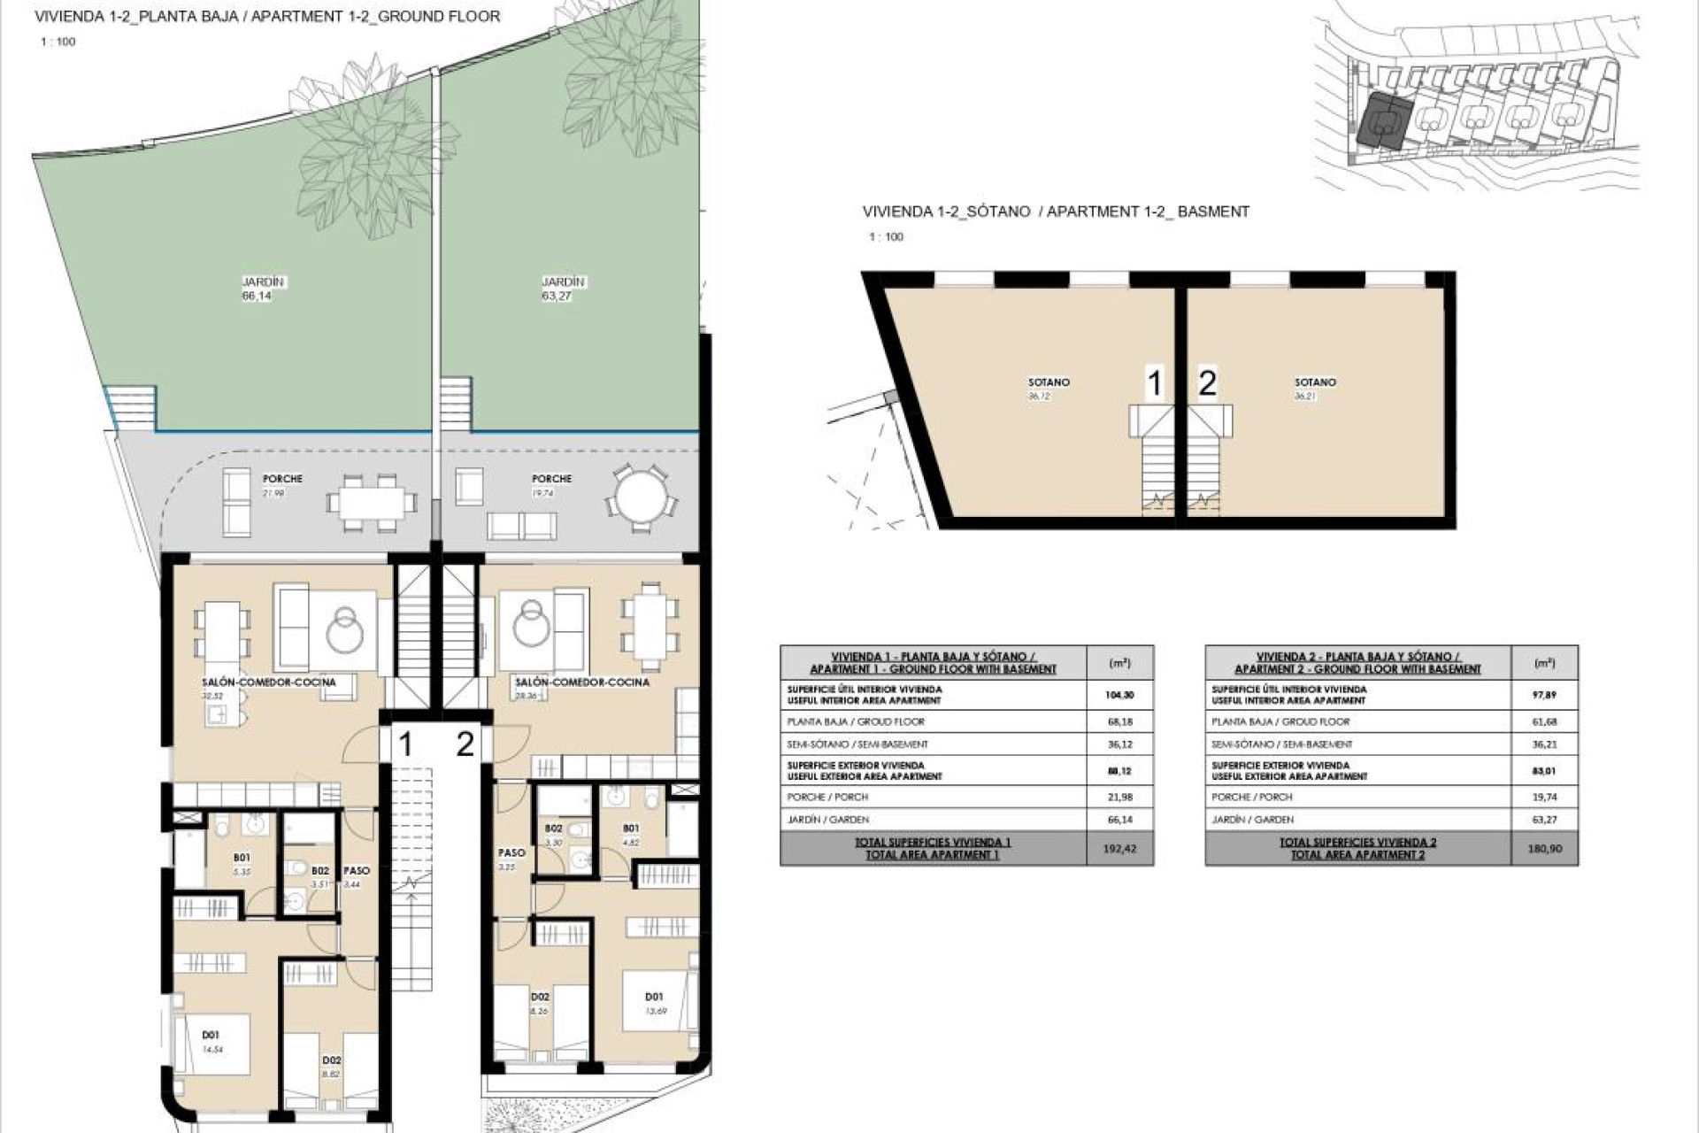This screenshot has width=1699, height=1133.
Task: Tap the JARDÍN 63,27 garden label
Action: tap(563, 289)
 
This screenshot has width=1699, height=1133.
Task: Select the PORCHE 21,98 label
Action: tap(282, 484)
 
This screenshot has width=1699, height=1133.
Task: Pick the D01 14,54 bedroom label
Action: tap(211, 1041)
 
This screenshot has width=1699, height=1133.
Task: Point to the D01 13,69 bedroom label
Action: tap(654, 1003)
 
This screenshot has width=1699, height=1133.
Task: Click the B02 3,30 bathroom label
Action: tap(553, 835)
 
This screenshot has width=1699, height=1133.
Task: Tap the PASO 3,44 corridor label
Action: tap(356, 876)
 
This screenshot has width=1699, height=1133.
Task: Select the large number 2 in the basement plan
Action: tap(1207, 382)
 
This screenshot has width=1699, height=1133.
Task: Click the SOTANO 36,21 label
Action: tap(1314, 388)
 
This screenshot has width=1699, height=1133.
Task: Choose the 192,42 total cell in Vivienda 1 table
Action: tap(1119, 848)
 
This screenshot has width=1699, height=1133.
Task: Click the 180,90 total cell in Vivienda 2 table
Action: tap(1544, 848)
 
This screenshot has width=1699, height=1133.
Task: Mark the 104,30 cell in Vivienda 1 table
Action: tap(1119, 695)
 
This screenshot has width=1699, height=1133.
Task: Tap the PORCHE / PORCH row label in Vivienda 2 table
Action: tap(1252, 797)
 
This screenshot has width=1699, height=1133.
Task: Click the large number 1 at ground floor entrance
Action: tap(405, 744)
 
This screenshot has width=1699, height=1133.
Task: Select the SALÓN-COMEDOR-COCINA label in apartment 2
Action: tap(581, 682)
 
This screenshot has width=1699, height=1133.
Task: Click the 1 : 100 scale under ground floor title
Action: tap(58, 42)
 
